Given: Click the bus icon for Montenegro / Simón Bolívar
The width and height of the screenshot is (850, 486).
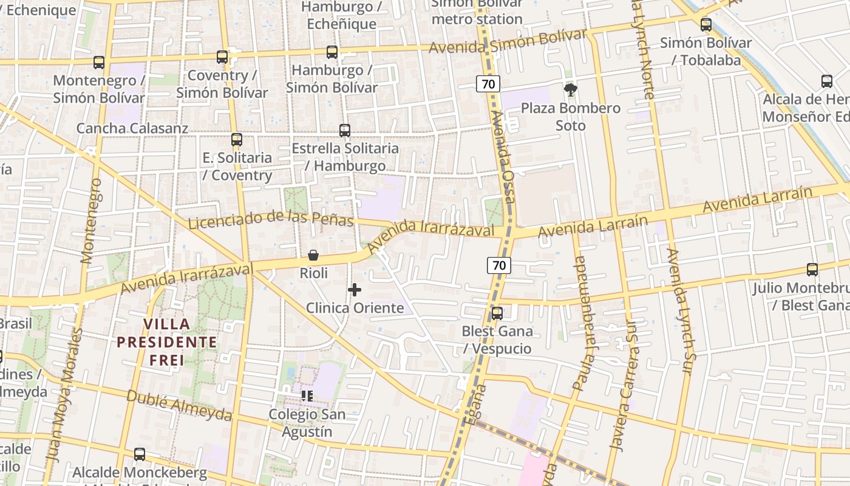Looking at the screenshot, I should click(x=99, y=63).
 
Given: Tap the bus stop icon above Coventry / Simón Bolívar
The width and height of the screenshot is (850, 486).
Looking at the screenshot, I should click(x=222, y=57).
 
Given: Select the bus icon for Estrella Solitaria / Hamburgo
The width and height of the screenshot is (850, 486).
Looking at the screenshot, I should click(x=345, y=130).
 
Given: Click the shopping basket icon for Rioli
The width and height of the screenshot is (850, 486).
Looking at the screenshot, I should click(x=313, y=255).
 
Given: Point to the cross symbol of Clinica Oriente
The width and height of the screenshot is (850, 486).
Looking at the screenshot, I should click(x=355, y=290).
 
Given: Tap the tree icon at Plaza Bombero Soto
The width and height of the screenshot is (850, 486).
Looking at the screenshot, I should click(x=570, y=91).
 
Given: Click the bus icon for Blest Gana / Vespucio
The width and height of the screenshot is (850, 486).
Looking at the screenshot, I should click(x=497, y=313).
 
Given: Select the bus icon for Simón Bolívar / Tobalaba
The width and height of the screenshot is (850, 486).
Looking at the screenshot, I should click(x=706, y=25).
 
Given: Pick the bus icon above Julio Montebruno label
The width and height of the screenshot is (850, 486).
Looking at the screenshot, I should click(x=812, y=270).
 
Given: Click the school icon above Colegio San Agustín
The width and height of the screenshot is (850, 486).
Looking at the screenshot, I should click(x=307, y=397).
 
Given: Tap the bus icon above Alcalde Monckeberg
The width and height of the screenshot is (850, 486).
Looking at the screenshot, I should click(x=140, y=454).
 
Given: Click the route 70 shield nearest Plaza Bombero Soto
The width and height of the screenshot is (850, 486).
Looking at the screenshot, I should click(x=488, y=84).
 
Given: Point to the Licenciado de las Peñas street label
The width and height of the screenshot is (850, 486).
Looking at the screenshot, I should click(x=271, y=220).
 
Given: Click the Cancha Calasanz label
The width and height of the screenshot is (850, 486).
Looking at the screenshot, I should click(x=132, y=128).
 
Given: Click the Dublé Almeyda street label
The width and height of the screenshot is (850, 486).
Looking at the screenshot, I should click(x=178, y=405).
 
